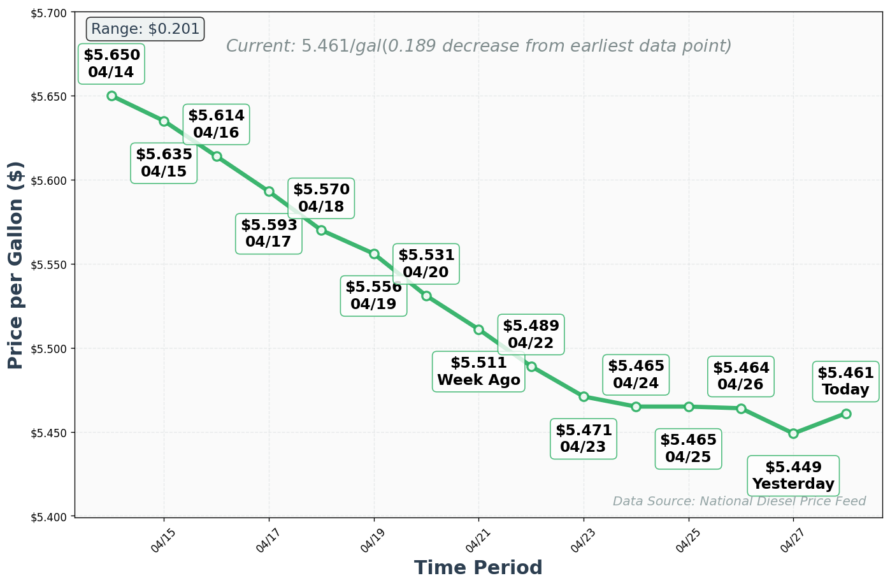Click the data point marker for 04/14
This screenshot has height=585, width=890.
pyautogui.click(x=111, y=96)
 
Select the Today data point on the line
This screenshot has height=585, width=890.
pyautogui.click(x=846, y=414)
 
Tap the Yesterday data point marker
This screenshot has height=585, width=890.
pyautogui.click(x=793, y=433)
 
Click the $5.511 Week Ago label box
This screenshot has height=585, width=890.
pyautogui.click(x=478, y=372)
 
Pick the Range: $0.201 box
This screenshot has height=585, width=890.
pyautogui.click(x=145, y=29)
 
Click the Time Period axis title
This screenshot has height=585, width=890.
pyautogui.click(x=478, y=568)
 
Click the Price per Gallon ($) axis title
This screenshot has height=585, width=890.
pyautogui.click(x=16, y=264)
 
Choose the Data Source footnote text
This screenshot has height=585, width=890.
pyautogui.click(x=739, y=502)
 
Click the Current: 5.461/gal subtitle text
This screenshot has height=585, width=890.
pyautogui.click(x=478, y=47)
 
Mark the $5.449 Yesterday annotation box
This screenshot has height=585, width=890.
pyautogui.click(x=793, y=475)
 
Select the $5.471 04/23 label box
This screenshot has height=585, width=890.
pyautogui.click(x=584, y=438)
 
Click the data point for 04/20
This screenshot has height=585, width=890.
pyautogui.click(x=426, y=296)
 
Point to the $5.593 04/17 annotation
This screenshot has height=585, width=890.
pyautogui.click(x=269, y=233)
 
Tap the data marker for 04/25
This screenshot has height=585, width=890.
pyautogui.click(x=689, y=407)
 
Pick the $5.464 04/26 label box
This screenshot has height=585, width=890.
pyautogui.click(x=741, y=376)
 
